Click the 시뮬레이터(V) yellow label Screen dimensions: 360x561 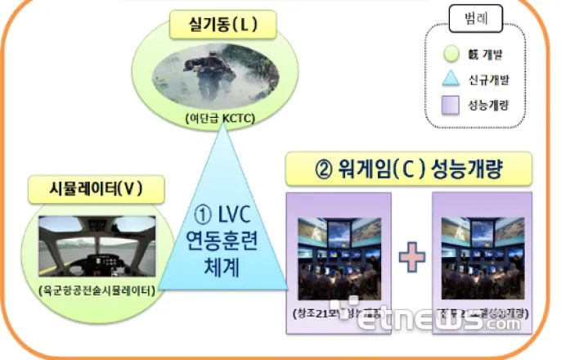point(96,191)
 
